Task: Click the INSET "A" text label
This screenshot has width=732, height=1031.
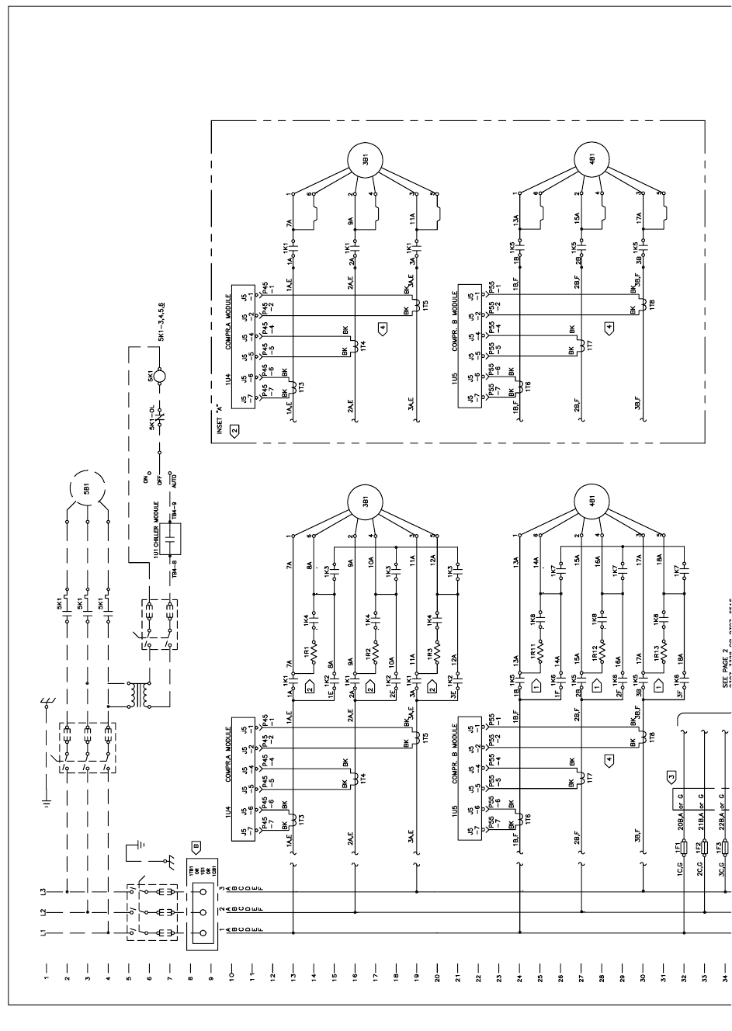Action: [220, 418]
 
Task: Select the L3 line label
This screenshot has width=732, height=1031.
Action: [45, 892]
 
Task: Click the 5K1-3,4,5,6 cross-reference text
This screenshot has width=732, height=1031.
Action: [161, 321]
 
